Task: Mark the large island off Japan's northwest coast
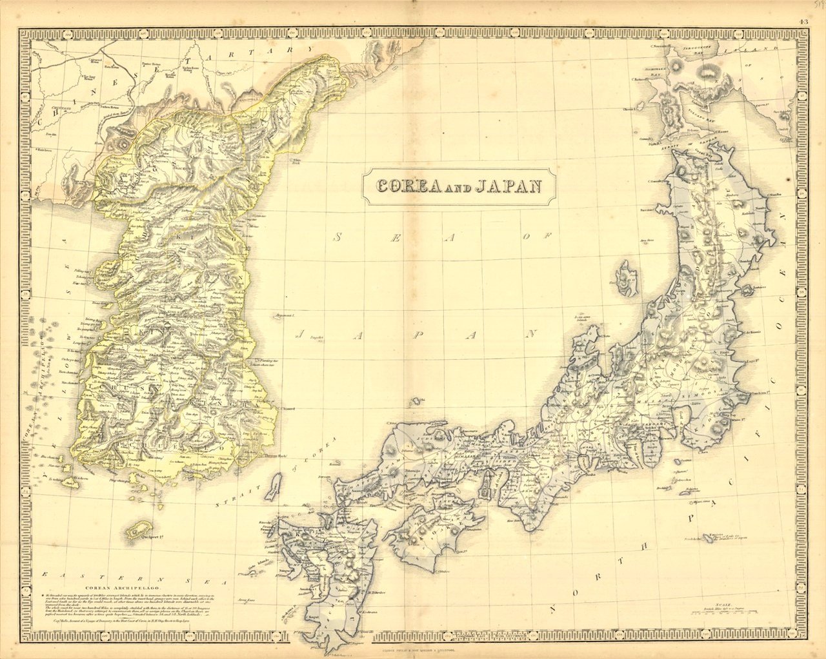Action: [x=625, y=279]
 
